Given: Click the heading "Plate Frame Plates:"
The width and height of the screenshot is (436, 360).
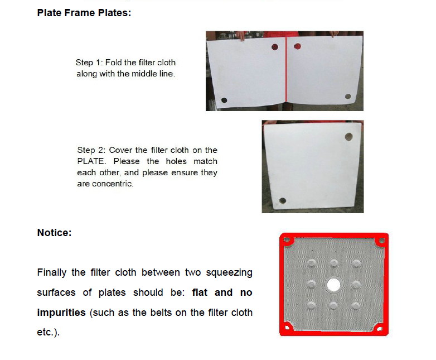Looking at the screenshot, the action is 84,13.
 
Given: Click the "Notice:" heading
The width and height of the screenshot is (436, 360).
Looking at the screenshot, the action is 54,233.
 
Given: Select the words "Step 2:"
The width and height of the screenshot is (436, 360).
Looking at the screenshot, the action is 91,150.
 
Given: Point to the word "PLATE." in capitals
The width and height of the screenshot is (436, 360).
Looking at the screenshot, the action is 91,161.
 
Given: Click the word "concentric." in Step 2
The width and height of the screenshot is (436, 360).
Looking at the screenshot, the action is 113,184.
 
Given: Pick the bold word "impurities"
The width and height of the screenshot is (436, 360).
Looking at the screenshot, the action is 61,313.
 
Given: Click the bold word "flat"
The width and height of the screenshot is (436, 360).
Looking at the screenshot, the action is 200,292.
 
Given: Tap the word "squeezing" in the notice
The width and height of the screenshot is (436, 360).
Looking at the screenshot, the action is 229,273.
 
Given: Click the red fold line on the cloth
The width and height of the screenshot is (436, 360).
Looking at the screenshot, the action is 286,70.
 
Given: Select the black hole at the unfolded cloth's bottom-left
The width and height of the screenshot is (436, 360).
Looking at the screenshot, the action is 224,100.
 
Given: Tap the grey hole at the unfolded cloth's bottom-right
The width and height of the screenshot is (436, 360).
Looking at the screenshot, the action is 348,97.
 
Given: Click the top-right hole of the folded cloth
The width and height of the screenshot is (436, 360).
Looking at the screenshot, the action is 348,137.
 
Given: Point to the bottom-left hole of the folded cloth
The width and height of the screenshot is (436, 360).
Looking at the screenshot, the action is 283,200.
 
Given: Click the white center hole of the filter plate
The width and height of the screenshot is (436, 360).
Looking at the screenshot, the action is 333,285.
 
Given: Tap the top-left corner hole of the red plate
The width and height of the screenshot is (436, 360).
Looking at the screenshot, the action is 287,240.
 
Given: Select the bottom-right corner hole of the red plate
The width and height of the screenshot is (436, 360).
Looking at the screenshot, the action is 380,329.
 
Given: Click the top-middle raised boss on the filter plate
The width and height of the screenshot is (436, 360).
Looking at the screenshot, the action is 333,263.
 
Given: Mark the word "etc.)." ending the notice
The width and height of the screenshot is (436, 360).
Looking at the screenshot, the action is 48,332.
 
